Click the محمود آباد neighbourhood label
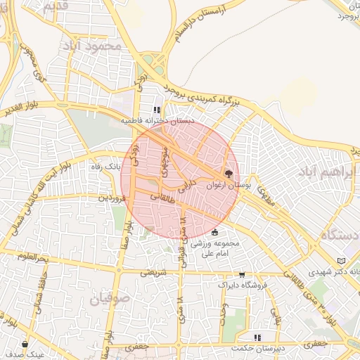click(92, 45)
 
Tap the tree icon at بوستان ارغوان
click(228, 173)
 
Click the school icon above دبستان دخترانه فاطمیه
click(156, 110)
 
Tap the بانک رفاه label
click(105, 167)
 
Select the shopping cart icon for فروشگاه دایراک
click(243, 275)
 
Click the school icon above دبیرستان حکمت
click(257, 337)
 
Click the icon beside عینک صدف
click(25, 345)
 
